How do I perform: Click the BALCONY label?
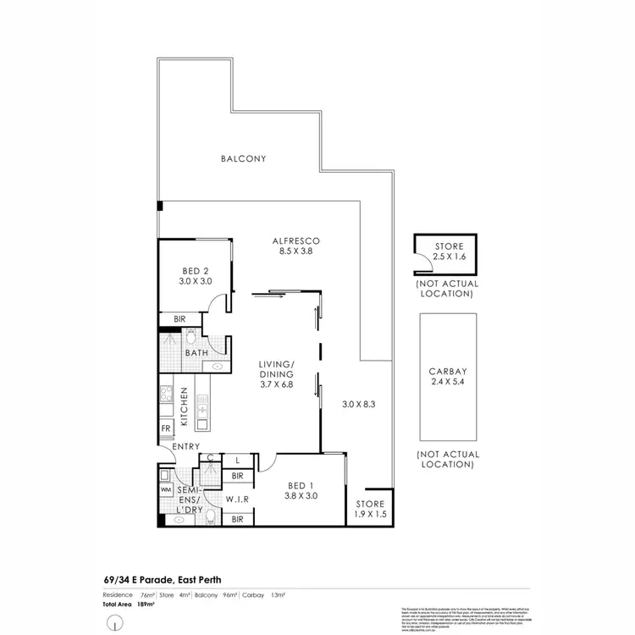pyautogui.click(x=243, y=158)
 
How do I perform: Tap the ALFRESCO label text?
pyautogui.click(x=282, y=240)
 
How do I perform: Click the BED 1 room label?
pyautogui.click(x=301, y=484)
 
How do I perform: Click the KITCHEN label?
pyautogui.click(x=183, y=412)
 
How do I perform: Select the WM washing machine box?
pyautogui.click(x=166, y=489)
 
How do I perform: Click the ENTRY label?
pyautogui.click(x=185, y=447)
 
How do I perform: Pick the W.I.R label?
pyautogui.click(x=236, y=500)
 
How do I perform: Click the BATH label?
pyautogui.click(x=197, y=353)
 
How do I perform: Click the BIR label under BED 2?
pyautogui.click(x=179, y=319)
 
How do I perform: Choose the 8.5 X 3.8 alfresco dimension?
pyautogui.click(x=282, y=251)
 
